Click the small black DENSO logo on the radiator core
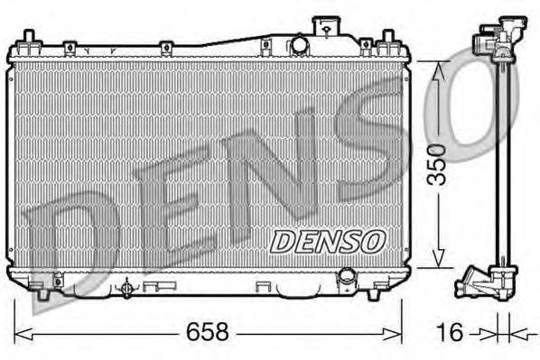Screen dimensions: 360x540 (x=329, y=240)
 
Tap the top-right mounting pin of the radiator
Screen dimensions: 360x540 (x=387, y=39)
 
